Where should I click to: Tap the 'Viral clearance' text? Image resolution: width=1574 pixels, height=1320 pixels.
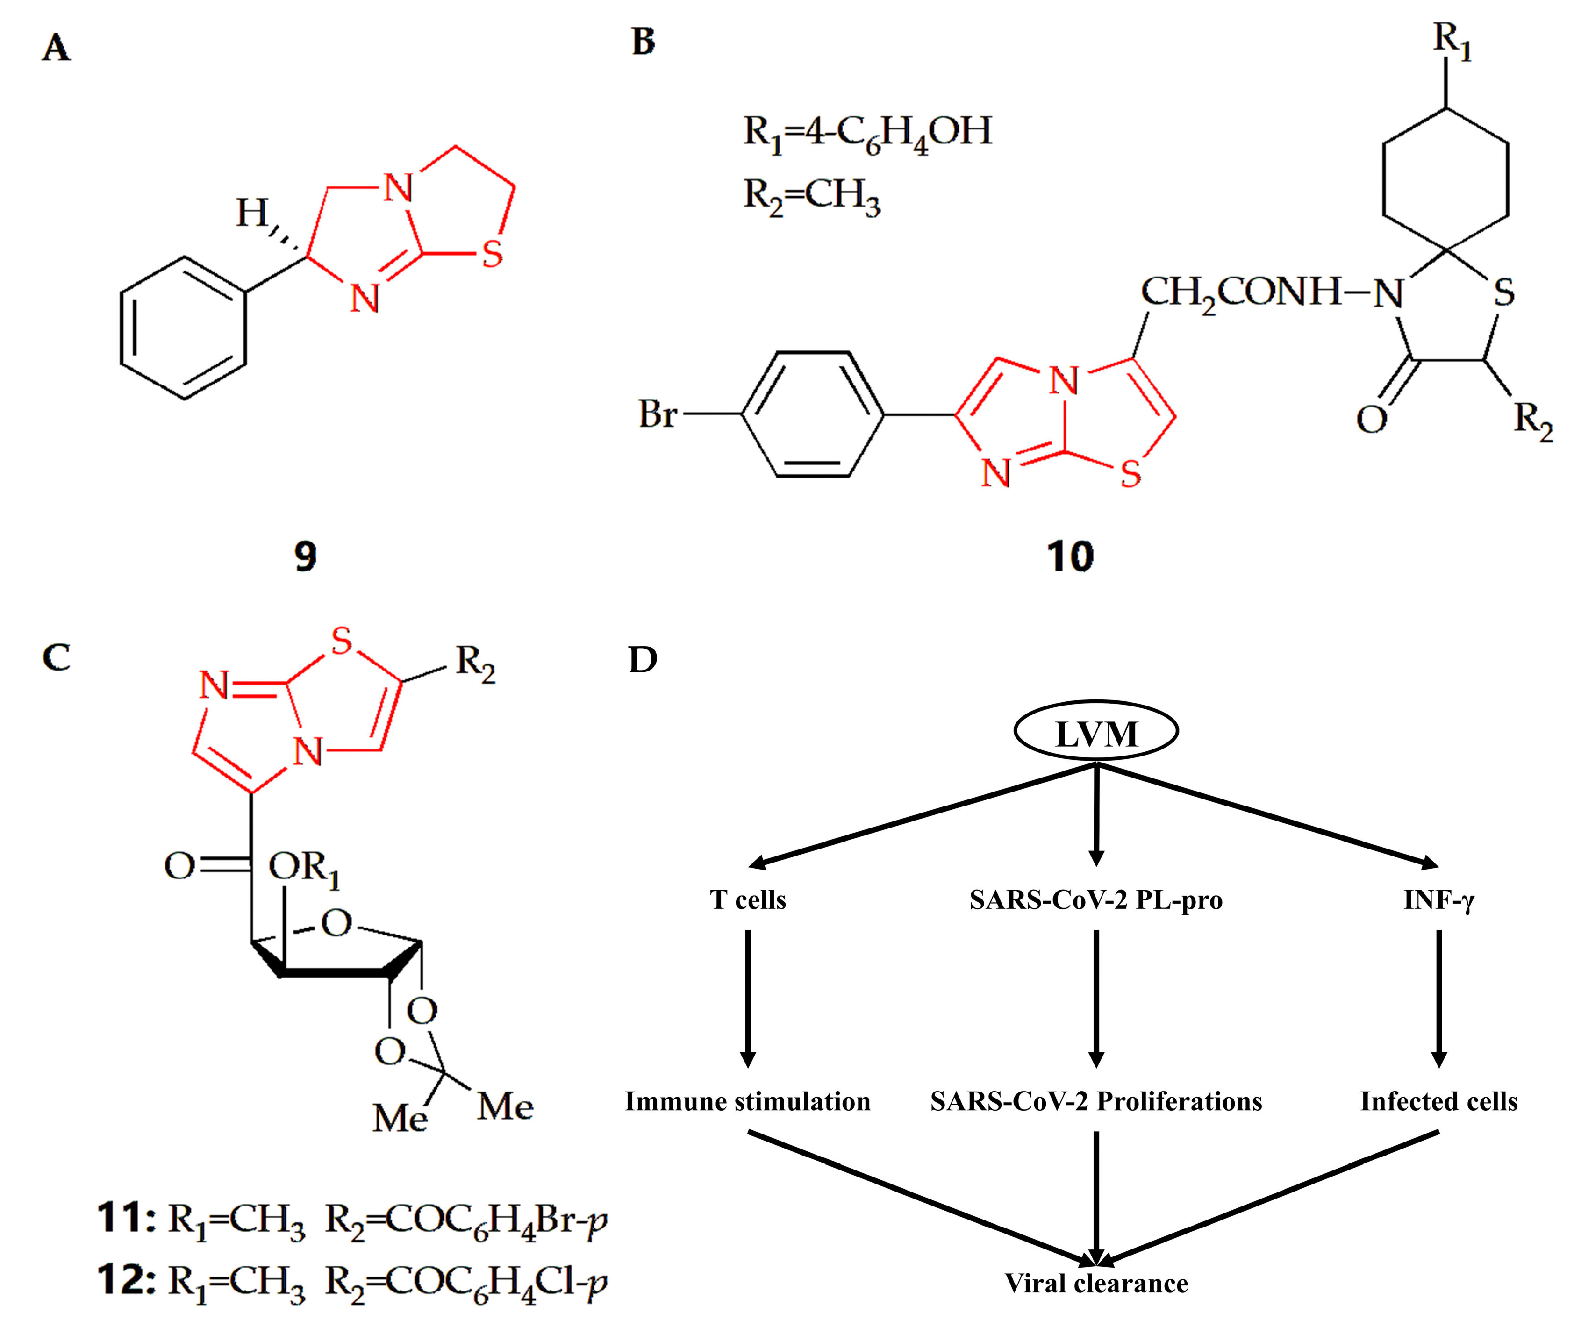1096,1283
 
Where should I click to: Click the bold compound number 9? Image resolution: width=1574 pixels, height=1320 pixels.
305,556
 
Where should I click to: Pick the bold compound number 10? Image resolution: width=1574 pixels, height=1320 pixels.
1070,556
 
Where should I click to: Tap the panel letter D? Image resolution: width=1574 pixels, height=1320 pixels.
642,660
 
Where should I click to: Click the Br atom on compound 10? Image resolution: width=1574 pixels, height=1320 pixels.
658,414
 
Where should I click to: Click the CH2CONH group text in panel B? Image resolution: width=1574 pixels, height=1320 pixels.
1240,293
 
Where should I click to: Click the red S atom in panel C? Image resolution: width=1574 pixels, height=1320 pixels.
341,642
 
